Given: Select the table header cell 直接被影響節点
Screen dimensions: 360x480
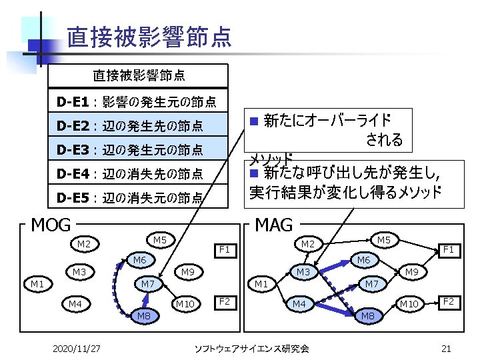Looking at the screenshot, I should point(138,75).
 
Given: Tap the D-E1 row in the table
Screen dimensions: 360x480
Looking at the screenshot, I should point(137,102).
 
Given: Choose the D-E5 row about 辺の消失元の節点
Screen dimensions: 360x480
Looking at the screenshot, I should point(130,197).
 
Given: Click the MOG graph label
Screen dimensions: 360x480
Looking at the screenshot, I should point(51,225).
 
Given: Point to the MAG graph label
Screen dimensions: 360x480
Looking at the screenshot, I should point(274,225).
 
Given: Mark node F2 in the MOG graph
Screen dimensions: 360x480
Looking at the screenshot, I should point(225,302).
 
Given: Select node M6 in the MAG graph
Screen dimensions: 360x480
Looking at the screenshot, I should point(363,260).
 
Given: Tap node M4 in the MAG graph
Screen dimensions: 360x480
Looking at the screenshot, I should point(301,305).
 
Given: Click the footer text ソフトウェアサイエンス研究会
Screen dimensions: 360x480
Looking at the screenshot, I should point(251,348).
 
